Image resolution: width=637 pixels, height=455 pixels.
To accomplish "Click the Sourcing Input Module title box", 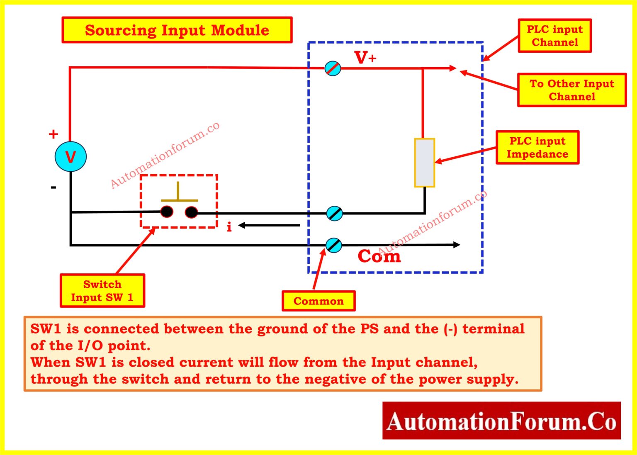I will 177,30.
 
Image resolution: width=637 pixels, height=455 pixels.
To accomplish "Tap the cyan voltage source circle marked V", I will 71,157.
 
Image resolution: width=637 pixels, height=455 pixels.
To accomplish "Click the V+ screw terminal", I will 333,68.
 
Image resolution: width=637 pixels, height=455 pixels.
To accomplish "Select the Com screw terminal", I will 333,245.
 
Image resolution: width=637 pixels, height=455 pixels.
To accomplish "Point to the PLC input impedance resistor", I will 424,163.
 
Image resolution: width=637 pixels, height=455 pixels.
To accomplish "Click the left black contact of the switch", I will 167,212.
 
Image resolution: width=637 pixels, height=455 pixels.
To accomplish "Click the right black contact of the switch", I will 191,212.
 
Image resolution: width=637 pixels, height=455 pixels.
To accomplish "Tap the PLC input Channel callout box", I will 554,36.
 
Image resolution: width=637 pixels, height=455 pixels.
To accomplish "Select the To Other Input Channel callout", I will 571,90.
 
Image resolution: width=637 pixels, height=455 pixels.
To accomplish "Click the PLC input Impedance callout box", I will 537,148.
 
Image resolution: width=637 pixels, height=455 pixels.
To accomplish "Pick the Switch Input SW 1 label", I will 102,291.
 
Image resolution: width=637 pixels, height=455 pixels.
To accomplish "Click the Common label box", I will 318,301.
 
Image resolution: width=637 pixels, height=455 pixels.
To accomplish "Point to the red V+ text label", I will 365,58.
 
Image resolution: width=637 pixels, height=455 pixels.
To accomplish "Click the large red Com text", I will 379,256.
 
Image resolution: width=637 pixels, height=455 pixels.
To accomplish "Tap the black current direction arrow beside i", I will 269,226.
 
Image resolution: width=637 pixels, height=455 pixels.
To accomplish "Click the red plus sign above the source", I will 53,134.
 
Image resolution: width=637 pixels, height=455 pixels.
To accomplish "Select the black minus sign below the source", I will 53,187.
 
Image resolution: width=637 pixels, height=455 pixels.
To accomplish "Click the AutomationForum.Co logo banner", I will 501,421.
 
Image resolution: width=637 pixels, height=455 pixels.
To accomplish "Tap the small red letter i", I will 229,226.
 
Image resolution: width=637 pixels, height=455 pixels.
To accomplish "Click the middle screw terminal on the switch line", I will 334,213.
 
